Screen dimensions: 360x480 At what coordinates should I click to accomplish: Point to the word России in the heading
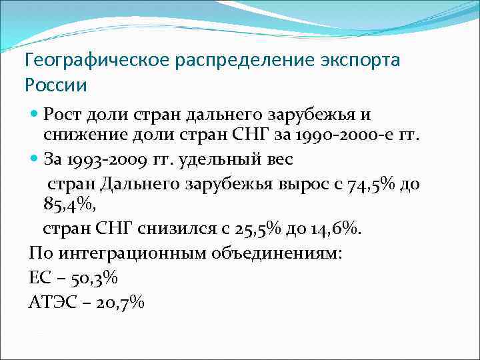click(x=55, y=85)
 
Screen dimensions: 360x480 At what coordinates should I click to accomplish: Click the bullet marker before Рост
click(x=35, y=114)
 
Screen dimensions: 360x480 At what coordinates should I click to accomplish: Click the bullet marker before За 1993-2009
click(x=35, y=161)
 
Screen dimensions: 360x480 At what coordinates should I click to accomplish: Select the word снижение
click(x=83, y=137)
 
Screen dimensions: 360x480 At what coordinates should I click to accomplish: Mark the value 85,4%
click(x=64, y=206)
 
